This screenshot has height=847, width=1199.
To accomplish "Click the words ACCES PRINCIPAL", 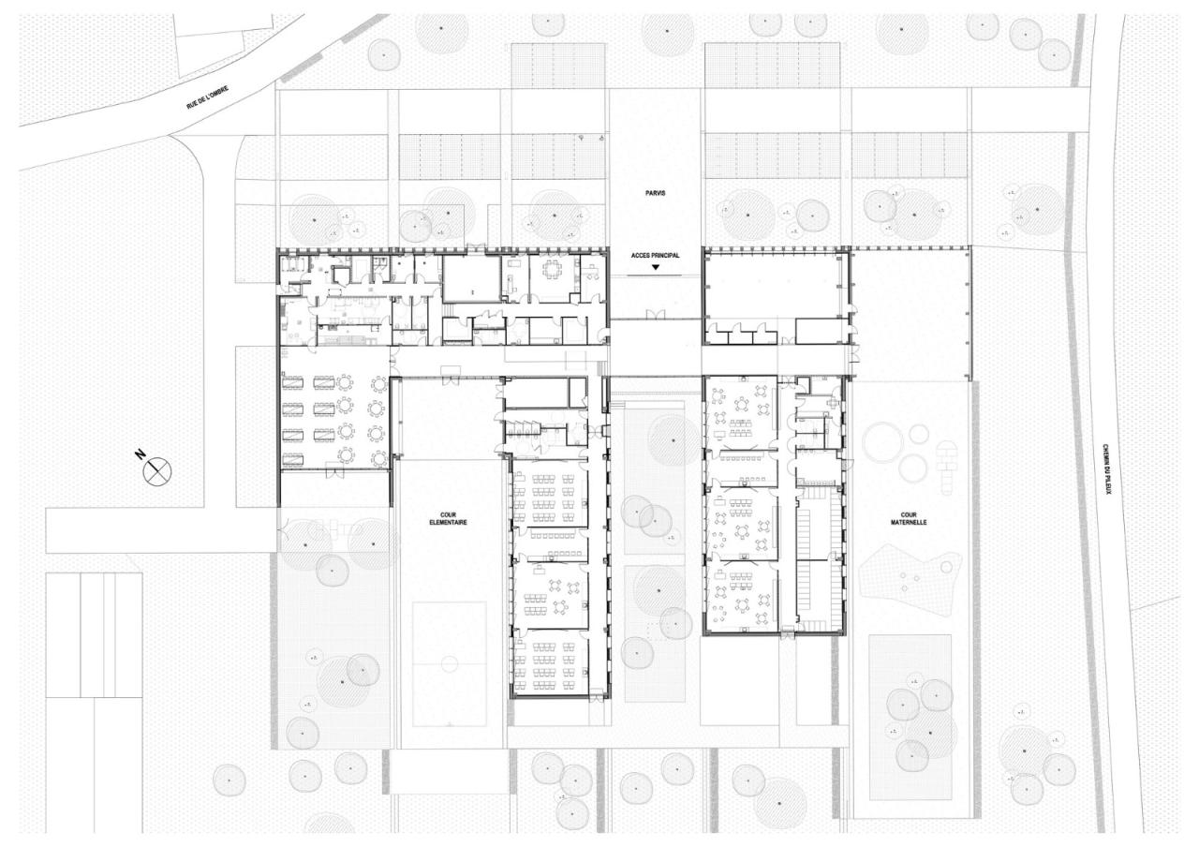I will (x=655, y=255).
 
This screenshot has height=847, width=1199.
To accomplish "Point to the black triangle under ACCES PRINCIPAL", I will (x=656, y=268).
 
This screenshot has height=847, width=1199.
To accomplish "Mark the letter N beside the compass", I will (x=140, y=454).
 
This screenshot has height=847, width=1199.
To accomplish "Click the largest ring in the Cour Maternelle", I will (x=884, y=441).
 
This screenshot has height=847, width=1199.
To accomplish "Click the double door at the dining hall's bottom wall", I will (x=332, y=472).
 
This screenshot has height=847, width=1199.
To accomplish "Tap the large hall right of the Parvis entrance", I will (x=774, y=286).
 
